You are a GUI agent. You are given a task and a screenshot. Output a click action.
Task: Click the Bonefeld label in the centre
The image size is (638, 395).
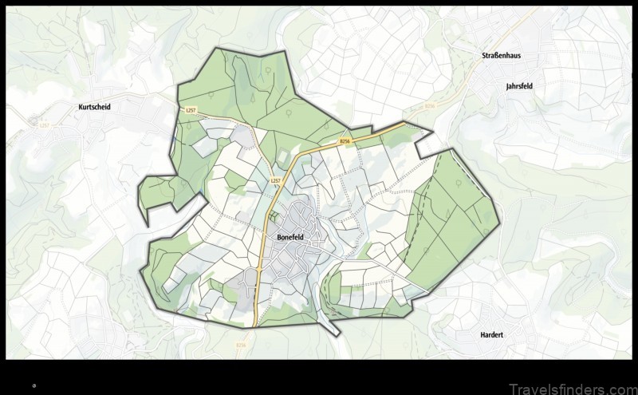(293, 237)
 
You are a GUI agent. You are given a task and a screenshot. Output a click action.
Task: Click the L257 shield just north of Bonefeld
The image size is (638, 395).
(276, 181)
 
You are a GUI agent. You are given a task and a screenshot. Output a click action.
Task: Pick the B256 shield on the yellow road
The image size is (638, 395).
(345, 141)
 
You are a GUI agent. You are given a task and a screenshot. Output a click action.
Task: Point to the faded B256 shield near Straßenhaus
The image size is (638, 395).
(431, 105)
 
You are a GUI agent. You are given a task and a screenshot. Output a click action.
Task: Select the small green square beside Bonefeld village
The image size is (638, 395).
(274, 215)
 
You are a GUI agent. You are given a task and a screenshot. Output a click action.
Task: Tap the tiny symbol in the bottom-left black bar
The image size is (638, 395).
(33, 384)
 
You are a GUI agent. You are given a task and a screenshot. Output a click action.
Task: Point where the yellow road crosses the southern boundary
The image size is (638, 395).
(254, 325)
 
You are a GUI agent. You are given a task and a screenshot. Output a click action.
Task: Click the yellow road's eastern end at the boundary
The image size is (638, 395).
(404, 124)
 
